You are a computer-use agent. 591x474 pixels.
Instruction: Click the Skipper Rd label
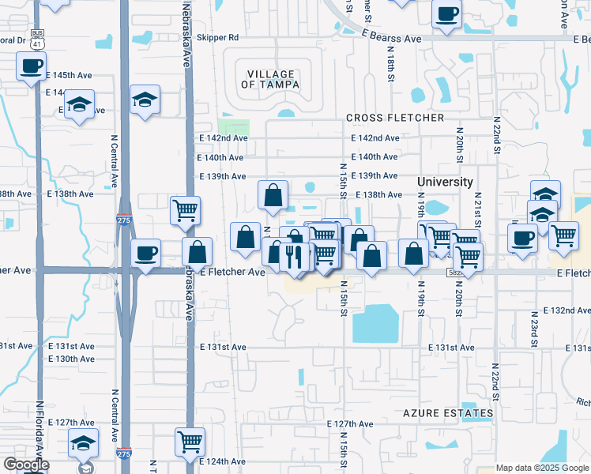coord(217,37)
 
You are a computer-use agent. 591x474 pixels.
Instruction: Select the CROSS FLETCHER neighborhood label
coord(395,118)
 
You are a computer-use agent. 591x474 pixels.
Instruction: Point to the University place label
coord(445,182)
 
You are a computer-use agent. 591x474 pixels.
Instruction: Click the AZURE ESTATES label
coord(448,413)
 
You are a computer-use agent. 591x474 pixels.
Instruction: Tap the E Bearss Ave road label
coord(392,37)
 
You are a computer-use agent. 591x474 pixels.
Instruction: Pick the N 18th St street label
coord(390,63)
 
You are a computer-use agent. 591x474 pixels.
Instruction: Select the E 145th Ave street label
coord(70,75)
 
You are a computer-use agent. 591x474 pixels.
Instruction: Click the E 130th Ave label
coord(70,359)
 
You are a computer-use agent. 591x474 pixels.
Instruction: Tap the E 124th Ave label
coord(224,461)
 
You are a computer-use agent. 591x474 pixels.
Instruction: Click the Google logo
coord(25,465)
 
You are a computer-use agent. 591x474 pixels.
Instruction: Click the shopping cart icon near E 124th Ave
coord(190,441)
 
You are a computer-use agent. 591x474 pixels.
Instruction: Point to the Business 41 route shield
coord(37,37)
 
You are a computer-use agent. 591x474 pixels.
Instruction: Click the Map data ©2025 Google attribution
coord(542,468)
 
